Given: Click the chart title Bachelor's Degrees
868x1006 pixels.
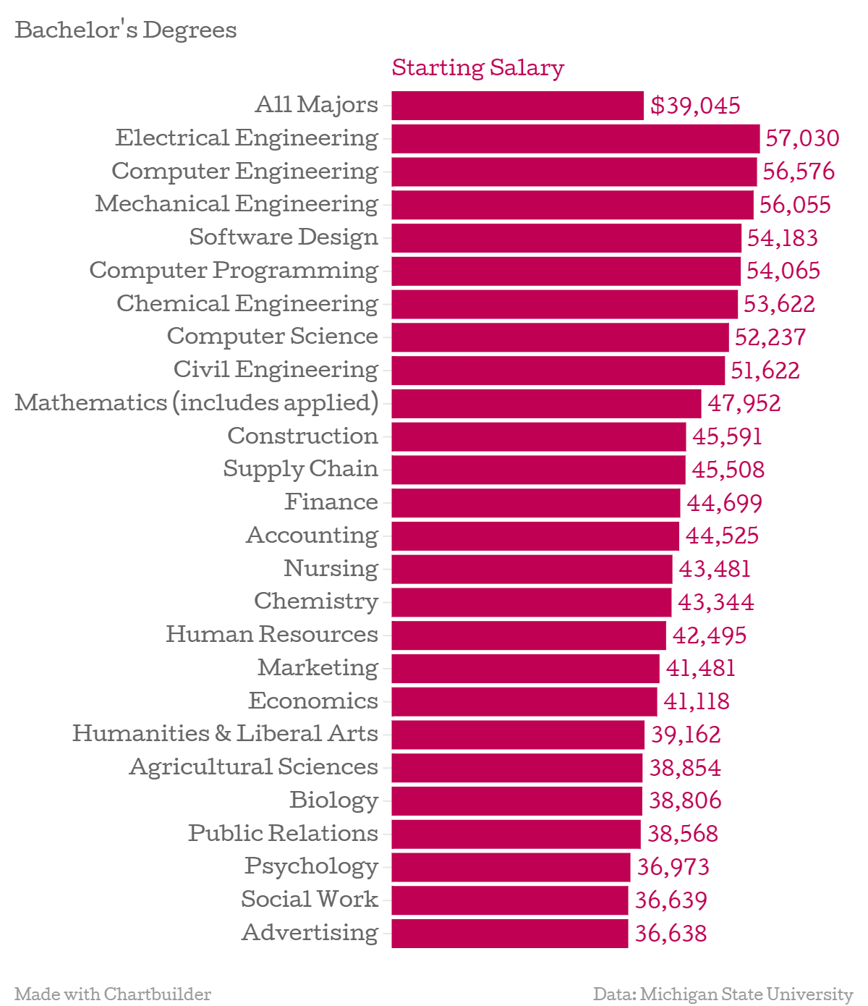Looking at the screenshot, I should tap(126, 30).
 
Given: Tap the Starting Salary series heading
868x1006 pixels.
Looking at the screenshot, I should tap(477, 67).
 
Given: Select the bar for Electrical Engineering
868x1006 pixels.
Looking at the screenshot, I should tap(575, 138).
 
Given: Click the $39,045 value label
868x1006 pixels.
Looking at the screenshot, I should tap(695, 106).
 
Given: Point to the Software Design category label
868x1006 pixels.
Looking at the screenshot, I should tap(284, 237).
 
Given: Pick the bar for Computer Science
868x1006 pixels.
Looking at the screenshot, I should tap(560, 337).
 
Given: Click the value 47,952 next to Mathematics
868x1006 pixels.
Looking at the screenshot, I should tap(744, 403).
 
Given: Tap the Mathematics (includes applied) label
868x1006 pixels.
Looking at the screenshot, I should tap(197, 402).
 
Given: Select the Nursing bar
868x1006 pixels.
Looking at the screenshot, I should tap(532, 569).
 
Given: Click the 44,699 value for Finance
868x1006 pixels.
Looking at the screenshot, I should tap(724, 503).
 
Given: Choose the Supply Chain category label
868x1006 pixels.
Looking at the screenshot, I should tap(300, 469).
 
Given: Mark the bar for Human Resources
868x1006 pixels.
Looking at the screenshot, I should tap(529, 635).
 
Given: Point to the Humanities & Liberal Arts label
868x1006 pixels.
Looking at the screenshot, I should tap(225, 734).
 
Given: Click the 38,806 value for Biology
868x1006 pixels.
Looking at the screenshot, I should tap(685, 800).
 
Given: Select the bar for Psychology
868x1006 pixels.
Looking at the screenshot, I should tap(511, 867).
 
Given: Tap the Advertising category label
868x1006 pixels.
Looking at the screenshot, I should tap(310, 933).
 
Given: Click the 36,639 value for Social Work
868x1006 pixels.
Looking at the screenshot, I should tap(671, 900).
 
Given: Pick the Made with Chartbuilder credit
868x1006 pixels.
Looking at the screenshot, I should tap(113, 994).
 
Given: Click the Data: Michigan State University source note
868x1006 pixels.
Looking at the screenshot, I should tap(723, 994).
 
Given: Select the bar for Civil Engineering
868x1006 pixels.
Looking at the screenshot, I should tap(558, 371).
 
